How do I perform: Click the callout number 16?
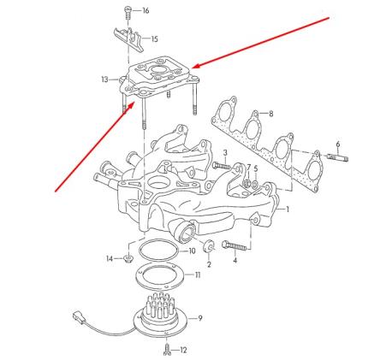click(x=145, y=10)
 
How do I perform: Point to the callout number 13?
click(x=104, y=79)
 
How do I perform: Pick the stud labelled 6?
click(x=336, y=156)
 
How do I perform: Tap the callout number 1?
click(x=288, y=210)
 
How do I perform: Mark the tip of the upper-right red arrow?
click(x=193, y=68)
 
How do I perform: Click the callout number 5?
click(x=254, y=168)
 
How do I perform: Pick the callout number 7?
click(x=248, y=168)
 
